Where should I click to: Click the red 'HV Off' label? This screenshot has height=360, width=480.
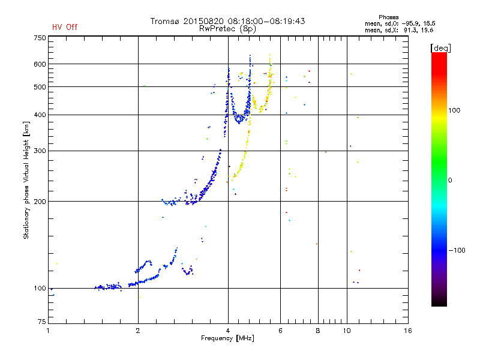tap(64, 27)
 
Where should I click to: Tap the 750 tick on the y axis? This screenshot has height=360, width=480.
tap(40, 37)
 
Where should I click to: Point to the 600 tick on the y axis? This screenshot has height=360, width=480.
tap(40, 64)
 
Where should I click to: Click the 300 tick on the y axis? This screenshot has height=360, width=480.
tap(40, 151)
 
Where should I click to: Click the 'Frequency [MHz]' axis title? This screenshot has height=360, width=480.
tap(228, 339)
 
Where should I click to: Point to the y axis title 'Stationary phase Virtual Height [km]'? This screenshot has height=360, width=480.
tap(26, 181)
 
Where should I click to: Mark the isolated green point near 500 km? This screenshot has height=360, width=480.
tap(145, 86)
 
